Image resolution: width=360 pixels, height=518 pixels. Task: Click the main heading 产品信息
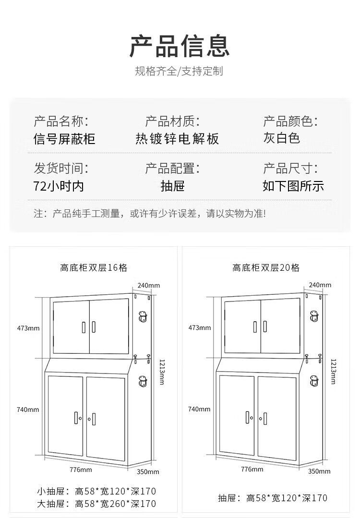click(x=180, y=46)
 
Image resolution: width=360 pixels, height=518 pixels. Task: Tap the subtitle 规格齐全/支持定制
click(x=179, y=72)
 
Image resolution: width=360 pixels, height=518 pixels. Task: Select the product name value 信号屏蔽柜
click(x=64, y=139)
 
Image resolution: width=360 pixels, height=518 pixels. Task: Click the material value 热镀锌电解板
click(x=177, y=139)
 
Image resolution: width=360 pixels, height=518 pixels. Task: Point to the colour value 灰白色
click(x=281, y=138)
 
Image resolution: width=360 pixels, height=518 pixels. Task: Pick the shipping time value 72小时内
click(x=59, y=186)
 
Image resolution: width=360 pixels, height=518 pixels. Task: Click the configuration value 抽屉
click(x=172, y=186)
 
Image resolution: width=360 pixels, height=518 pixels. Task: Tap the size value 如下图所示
click(x=293, y=186)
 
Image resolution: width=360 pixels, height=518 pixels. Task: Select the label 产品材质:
click(x=172, y=121)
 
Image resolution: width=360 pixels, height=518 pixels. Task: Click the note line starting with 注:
click(x=149, y=214)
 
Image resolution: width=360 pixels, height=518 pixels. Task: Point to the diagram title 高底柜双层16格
click(x=94, y=268)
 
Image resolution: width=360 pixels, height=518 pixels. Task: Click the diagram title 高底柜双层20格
click(x=266, y=268)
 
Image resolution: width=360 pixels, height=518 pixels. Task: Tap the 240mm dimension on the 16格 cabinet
click(x=148, y=285)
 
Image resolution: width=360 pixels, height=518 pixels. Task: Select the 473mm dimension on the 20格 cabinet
click(x=199, y=328)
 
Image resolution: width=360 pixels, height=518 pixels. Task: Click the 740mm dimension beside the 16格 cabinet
click(x=27, y=409)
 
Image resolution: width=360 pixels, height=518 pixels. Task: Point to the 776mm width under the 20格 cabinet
click(x=252, y=469)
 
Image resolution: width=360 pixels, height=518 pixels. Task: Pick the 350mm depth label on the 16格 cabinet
click(x=148, y=471)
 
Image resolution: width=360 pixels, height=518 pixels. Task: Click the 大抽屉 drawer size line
click(x=96, y=504)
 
